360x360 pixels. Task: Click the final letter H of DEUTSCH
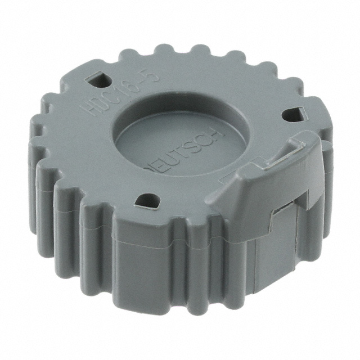click(x=220, y=134)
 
